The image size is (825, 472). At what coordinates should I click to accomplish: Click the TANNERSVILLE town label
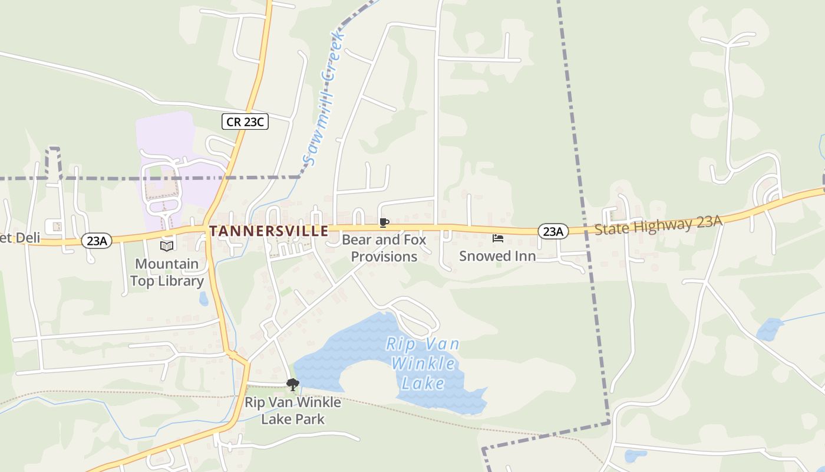tap(269, 231)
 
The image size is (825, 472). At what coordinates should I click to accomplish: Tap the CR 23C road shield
tap(245, 122)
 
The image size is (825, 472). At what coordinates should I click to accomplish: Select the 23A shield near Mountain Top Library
tap(96, 240)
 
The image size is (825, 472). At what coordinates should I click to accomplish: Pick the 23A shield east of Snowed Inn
tap(553, 231)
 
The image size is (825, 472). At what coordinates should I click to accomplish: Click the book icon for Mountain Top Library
tap(167, 246)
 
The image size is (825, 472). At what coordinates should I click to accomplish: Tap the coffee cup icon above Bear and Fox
tap(384, 222)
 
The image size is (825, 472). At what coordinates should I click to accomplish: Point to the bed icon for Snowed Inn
tap(498, 238)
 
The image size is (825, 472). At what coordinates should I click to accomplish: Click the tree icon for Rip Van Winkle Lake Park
tap(292, 385)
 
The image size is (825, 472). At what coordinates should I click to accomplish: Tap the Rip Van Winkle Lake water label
tap(423, 363)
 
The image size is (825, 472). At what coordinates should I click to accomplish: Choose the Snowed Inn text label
tap(497, 256)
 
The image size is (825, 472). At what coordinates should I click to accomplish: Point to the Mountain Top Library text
tap(167, 272)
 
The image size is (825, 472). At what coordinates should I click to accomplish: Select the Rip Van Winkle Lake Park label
tap(293, 411)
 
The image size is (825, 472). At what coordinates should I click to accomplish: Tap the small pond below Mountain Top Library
tap(203, 299)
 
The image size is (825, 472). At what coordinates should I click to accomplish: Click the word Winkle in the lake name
tap(423, 363)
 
